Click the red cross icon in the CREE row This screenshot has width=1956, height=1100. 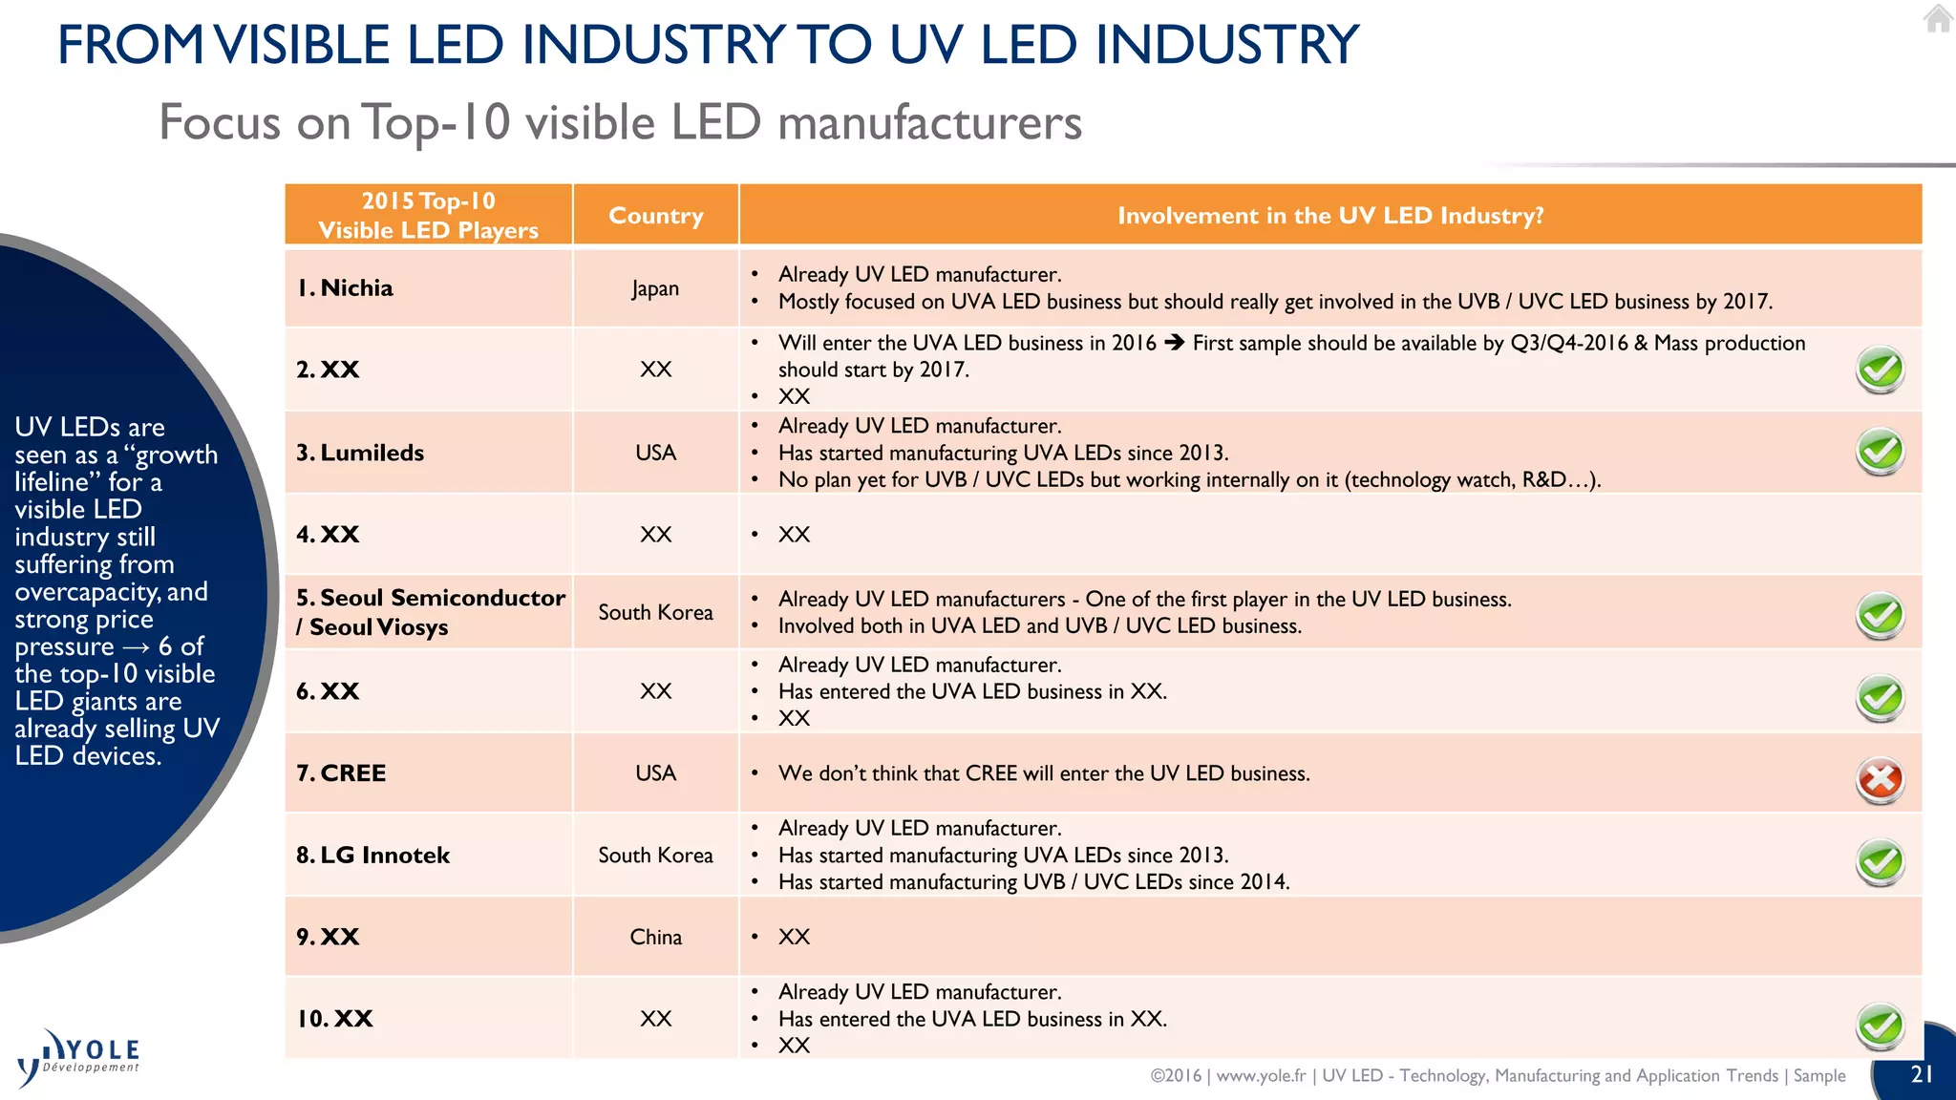(x=1880, y=780)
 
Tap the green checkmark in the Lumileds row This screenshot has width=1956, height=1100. (x=1880, y=452)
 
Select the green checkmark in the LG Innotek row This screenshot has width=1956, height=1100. (x=1880, y=862)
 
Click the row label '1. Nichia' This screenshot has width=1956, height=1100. (x=345, y=288)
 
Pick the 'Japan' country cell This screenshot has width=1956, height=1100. (x=655, y=288)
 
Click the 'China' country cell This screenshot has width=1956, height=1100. (x=655, y=937)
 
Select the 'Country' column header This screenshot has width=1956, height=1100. (x=655, y=216)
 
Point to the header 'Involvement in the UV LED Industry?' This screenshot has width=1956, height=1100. (x=1329, y=216)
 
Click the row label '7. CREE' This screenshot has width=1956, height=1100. (x=341, y=773)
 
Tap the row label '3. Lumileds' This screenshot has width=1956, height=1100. (x=360, y=453)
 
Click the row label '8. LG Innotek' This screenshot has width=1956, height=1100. (x=372, y=856)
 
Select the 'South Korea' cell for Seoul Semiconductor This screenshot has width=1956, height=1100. (x=655, y=612)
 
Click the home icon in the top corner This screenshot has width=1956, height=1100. (x=1938, y=18)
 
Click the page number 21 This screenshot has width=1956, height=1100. (x=1922, y=1074)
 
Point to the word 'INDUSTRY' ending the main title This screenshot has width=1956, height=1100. (x=1226, y=45)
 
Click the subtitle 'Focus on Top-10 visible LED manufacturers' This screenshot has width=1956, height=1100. (x=620, y=122)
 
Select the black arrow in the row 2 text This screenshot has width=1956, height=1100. (x=1174, y=343)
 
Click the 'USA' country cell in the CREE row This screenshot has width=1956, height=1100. (x=655, y=773)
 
